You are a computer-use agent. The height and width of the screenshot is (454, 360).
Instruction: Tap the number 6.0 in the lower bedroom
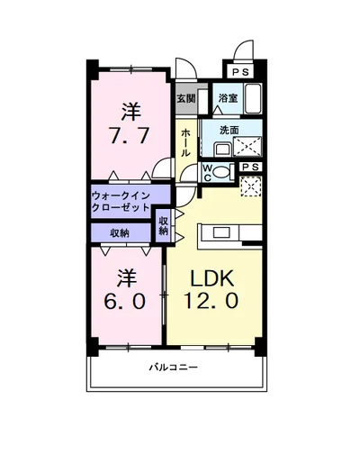[x=127, y=301]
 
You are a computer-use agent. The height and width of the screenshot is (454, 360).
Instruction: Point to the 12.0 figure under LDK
[x=214, y=301]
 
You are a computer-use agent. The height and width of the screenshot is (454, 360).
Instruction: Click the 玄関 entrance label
[x=185, y=97]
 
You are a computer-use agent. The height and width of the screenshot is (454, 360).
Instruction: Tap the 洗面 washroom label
[x=229, y=130]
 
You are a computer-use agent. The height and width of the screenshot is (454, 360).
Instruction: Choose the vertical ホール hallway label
[x=185, y=142]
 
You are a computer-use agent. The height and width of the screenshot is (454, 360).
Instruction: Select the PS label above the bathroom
[x=238, y=72]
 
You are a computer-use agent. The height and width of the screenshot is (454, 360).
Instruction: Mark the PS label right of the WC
[x=252, y=167]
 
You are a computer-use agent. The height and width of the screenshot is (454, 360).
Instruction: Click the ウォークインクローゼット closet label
[x=128, y=200]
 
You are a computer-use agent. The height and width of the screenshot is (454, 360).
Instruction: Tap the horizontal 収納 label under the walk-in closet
[x=120, y=232]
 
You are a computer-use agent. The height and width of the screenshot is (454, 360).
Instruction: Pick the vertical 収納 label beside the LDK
[x=164, y=225]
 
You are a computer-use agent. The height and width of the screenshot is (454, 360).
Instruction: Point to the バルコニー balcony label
[x=174, y=367]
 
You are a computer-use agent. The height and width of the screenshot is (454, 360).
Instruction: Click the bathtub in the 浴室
[x=251, y=96]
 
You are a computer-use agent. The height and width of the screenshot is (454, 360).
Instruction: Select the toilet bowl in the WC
[x=225, y=169]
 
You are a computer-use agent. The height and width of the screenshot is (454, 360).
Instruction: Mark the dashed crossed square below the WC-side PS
[x=252, y=186]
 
